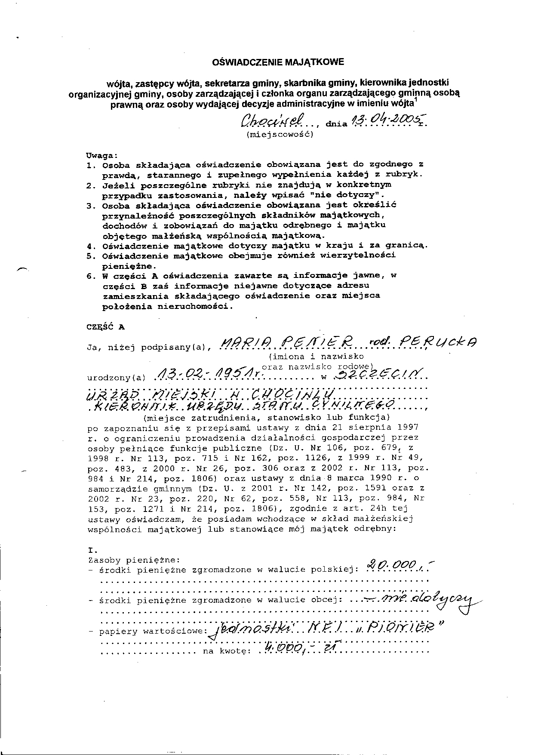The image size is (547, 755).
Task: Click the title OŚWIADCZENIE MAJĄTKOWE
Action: [x=279, y=62]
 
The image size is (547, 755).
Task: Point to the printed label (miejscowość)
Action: [x=280, y=134]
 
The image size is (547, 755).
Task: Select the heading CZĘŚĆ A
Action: [x=105, y=327]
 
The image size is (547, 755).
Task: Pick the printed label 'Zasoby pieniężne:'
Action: [x=133, y=560]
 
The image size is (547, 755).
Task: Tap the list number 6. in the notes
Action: [x=90, y=276]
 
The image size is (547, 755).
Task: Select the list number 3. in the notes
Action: [x=90, y=206]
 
